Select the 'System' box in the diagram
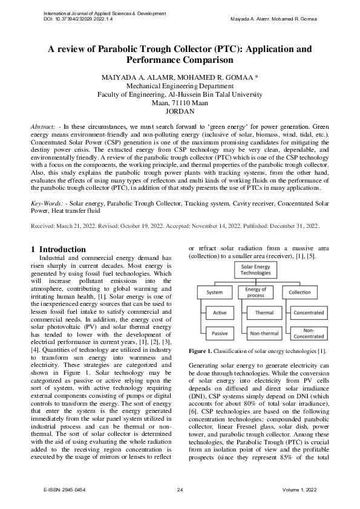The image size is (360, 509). point(215,292)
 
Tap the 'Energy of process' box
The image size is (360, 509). point(256,292)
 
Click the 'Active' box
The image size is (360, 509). point(220,313)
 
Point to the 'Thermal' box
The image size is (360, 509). point(264,313)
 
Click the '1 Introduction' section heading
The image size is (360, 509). point(59,249)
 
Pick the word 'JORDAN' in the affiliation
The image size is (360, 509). point(180,111)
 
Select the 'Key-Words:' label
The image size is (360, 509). point(48,195)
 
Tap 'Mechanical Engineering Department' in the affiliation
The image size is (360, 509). point(180,86)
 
